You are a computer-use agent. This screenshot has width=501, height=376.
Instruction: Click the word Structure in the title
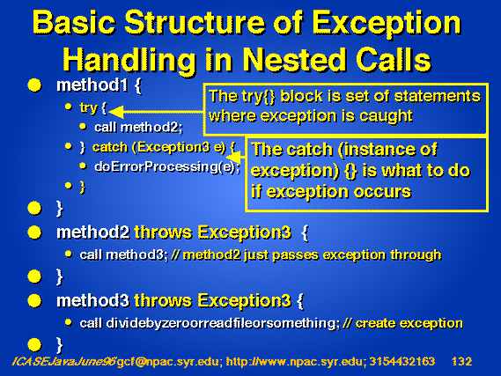pos(195,22)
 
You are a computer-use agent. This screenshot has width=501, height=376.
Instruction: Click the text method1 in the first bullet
pos(92,85)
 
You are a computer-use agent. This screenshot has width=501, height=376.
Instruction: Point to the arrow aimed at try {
pos(156,112)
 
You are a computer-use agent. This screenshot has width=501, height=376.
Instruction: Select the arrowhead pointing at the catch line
pos(233,157)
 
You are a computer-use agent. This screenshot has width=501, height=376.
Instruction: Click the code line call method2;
pos(138,128)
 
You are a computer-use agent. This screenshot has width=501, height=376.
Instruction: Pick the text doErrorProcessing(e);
pos(167,166)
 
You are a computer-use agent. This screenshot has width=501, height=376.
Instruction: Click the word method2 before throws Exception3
pos(93,232)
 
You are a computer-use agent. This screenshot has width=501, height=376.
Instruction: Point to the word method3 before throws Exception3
pos(93,300)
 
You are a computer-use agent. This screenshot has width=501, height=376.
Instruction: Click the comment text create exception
pos(409,324)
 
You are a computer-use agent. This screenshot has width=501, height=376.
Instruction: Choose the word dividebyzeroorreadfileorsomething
pos(223,324)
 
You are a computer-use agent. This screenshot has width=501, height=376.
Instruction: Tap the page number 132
pos(461,361)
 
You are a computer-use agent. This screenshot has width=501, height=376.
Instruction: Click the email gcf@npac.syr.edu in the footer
pos(168,362)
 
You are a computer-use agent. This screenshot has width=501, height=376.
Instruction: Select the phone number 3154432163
pos(402,361)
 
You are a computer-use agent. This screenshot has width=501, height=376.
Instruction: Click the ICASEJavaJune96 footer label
pos(63,361)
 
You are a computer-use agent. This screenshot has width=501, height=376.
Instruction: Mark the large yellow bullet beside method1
pos(34,85)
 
